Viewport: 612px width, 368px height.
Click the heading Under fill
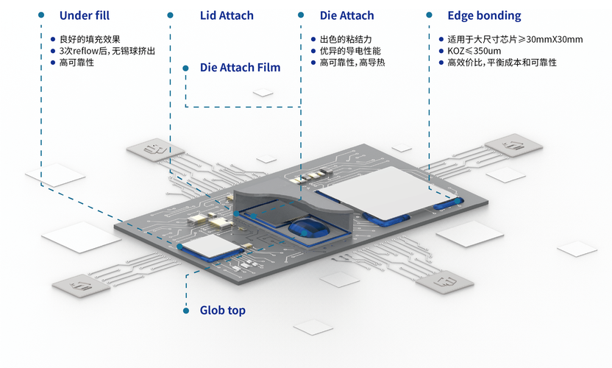tap(84, 15)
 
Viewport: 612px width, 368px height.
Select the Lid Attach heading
tap(227, 15)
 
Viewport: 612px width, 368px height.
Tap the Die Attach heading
tap(346, 15)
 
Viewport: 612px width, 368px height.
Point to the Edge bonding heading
tap(484, 15)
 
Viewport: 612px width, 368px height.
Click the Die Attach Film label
tap(240, 68)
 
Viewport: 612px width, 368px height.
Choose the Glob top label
tap(222, 311)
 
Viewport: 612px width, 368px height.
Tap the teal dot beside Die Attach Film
tap(185, 67)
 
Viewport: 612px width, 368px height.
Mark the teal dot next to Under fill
tap(41, 15)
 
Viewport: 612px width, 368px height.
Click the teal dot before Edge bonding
tap(429, 15)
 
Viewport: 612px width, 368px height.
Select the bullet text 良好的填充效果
tap(90, 39)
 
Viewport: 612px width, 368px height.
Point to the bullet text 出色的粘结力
tap(350, 39)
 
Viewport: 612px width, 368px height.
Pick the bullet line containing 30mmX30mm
tap(515, 39)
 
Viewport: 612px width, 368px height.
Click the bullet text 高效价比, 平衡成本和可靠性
tap(502, 63)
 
